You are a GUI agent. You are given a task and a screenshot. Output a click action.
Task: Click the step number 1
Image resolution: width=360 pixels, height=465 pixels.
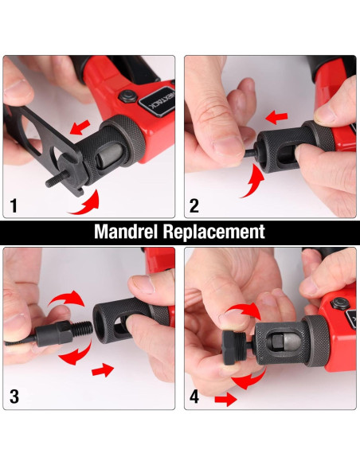[14, 205]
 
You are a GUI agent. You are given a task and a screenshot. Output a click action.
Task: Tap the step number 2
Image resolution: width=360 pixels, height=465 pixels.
[194, 205]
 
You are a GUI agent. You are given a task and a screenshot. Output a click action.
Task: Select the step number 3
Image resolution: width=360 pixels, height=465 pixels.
[14, 397]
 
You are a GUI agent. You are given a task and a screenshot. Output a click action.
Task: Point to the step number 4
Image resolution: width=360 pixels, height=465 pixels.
[194, 397]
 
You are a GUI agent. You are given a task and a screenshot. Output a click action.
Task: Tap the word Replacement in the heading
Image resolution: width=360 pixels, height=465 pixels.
[213, 232]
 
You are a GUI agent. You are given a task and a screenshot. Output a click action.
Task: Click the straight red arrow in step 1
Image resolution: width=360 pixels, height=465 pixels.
[80, 127]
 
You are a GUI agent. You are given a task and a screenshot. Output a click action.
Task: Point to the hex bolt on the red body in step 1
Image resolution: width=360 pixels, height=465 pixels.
[127, 96]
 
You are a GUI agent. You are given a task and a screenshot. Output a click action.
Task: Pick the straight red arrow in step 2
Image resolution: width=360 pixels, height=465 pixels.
[276, 118]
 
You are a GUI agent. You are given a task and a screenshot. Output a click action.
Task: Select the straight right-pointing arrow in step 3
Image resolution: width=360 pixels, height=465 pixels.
[103, 370]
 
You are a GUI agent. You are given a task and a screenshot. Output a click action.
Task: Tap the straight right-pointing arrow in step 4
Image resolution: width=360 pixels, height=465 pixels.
[225, 400]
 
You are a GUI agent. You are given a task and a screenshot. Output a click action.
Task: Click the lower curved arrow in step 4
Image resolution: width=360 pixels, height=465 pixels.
[249, 380]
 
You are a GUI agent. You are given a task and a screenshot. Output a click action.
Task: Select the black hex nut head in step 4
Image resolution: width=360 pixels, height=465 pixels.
[231, 347]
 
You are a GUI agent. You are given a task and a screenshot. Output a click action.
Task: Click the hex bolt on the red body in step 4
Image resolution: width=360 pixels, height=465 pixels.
[339, 303]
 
